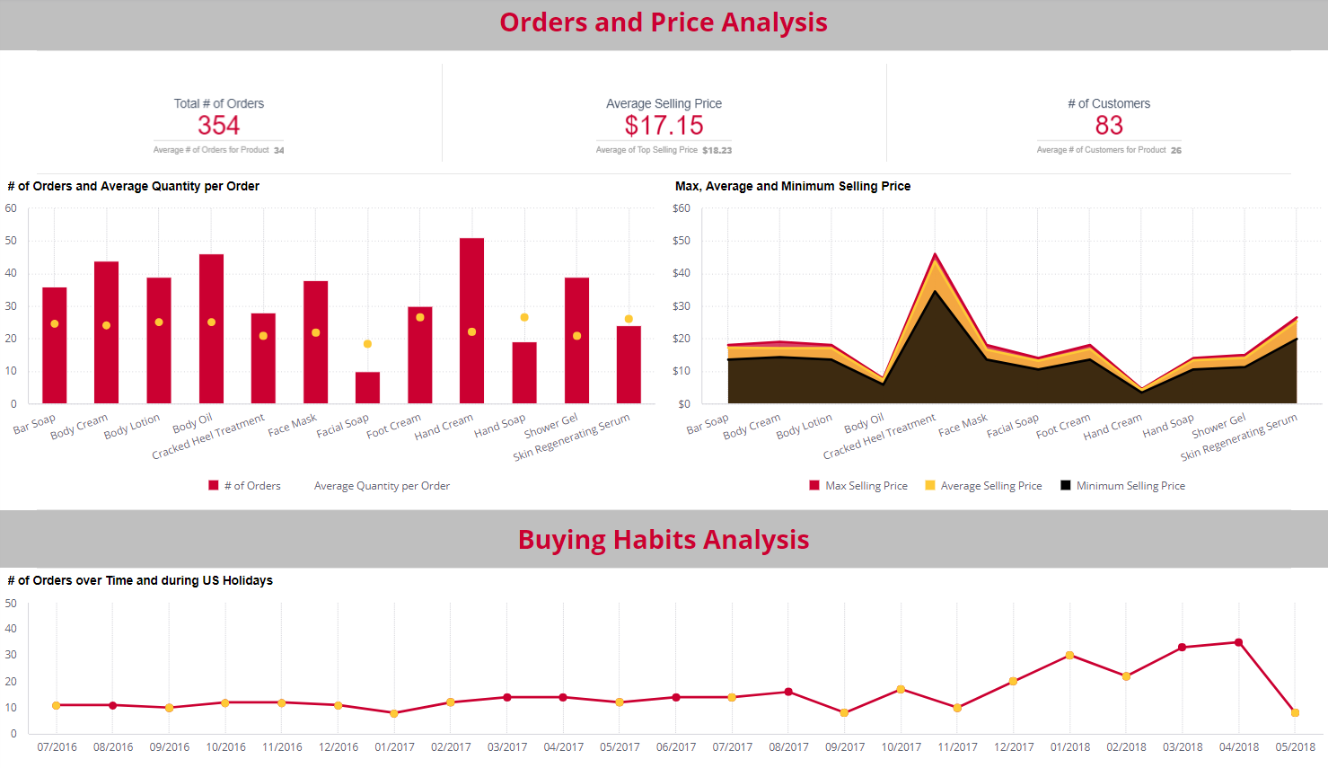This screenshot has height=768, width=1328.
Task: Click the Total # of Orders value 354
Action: [x=218, y=126]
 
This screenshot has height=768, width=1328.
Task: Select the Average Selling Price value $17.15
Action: [x=664, y=126]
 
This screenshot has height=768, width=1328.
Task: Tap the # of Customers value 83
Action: [x=1108, y=126]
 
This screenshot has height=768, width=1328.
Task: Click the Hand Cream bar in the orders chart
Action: [x=471, y=321]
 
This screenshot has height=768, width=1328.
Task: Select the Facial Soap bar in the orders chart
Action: [x=367, y=387]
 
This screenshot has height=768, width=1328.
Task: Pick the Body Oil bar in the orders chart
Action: [x=211, y=329]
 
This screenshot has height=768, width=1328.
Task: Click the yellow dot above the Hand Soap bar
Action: [x=524, y=317]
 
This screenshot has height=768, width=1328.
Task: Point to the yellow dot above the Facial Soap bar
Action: [x=367, y=344]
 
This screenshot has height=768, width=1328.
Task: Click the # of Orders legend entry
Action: [x=244, y=486]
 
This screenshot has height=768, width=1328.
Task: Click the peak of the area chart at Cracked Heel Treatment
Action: [x=935, y=255]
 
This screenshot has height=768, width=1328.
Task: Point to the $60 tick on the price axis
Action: [x=682, y=208]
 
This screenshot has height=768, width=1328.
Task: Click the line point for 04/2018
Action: [x=1238, y=642]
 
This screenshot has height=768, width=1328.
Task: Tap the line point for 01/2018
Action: [x=1069, y=655]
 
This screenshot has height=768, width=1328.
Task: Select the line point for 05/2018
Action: [x=1295, y=712]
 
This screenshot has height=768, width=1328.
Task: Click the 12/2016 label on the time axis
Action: [x=339, y=747]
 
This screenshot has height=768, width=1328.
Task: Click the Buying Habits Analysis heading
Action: [x=664, y=540]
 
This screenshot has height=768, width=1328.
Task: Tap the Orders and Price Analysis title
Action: [x=664, y=22]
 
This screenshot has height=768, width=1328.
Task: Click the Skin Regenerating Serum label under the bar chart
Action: [x=571, y=437]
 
